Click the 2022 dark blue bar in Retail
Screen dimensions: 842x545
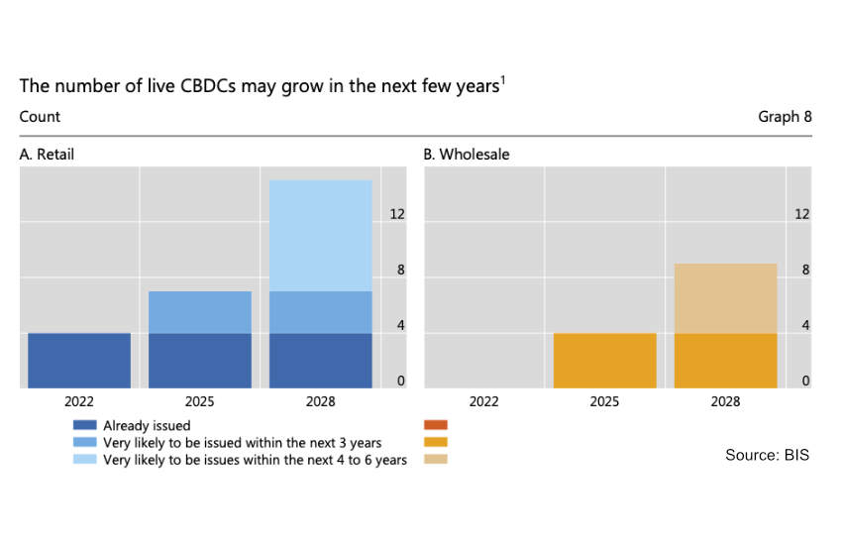(79, 361)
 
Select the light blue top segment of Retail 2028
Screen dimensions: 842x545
(321, 236)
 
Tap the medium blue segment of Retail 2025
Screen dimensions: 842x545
(200, 312)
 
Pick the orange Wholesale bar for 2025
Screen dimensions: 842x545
(604, 361)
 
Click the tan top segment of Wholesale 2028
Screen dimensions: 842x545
(725, 298)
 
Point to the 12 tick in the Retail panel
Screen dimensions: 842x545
(397, 214)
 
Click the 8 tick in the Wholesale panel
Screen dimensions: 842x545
(805, 270)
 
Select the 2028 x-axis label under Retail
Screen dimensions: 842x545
(321, 401)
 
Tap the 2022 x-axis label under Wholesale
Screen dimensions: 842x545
(483, 401)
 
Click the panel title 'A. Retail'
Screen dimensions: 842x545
(47, 155)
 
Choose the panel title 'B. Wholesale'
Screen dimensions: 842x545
(467, 155)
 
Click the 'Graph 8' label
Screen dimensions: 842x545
(785, 117)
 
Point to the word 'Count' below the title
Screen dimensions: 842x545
(40, 117)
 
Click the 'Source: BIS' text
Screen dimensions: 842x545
(767, 455)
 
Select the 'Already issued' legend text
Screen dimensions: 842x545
(147, 425)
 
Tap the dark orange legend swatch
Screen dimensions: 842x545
(436, 425)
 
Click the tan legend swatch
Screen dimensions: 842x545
(436, 459)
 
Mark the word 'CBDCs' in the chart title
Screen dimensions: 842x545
(208, 86)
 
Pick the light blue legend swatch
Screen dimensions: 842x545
(85, 459)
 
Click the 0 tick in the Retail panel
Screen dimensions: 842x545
(400, 381)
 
